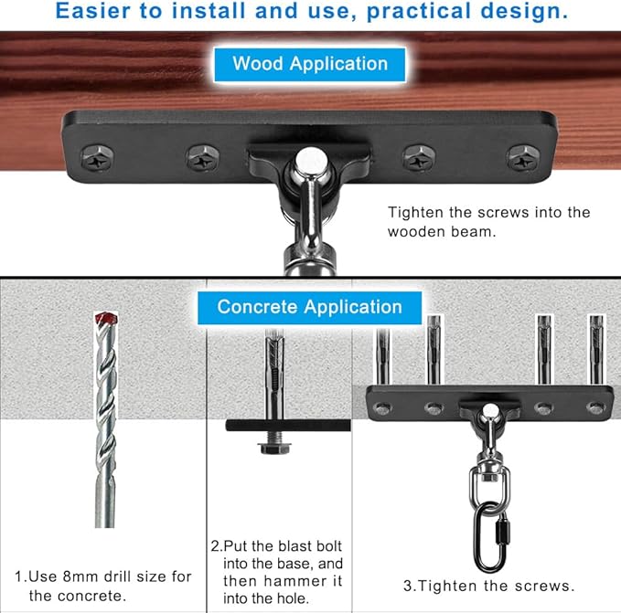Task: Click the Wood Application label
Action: pos(310,64)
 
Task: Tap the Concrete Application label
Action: pos(309,306)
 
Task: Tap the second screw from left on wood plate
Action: pos(202,157)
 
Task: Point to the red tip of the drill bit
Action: pos(107,321)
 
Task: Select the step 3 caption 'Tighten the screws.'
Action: pos(488,586)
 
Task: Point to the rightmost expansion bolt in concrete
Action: pos(596,347)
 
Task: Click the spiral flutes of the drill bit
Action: pos(107,411)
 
